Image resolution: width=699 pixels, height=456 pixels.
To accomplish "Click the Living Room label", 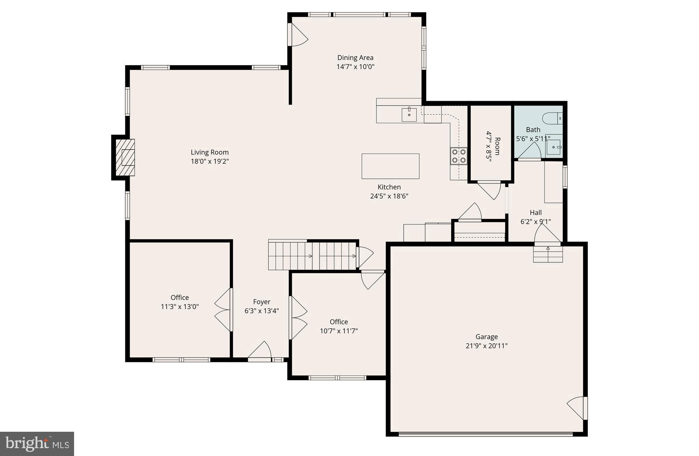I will tap(210, 152).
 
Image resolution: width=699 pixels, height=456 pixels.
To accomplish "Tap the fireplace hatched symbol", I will tap(125, 157).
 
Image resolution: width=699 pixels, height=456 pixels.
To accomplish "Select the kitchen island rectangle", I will tap(390, 166).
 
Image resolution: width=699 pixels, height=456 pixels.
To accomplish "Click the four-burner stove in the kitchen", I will tap(459, 156).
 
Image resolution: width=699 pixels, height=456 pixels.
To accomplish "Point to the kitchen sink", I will tap(409, 115).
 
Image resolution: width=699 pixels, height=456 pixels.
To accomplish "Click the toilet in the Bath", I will tap(552, 118).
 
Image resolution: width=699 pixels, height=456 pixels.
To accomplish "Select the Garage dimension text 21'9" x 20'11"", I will tap(486, 346).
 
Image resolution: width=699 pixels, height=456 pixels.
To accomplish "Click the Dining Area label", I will tap(355, 58).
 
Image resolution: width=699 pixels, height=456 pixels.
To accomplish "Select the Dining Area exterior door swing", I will tap(298, 35).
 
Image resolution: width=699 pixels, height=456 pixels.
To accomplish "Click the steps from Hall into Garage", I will tap(548, 254).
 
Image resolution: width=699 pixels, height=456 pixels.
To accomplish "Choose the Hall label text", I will tap(536, 212).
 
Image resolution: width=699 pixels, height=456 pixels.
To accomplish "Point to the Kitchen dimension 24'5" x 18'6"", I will tap(389, 196).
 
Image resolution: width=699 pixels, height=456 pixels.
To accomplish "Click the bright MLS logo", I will tap(37, 444).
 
